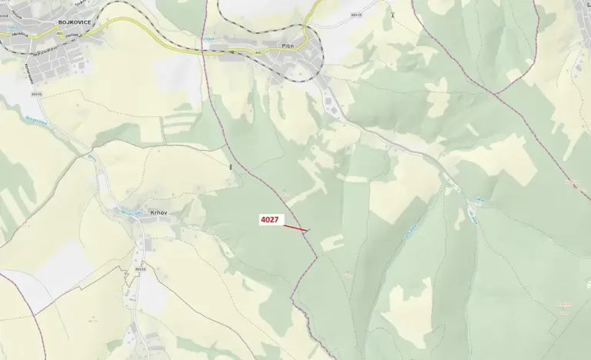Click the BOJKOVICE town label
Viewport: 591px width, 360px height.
click(75, 22)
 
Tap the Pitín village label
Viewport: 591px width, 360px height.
click(289, 46)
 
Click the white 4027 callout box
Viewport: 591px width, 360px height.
click(269, 220)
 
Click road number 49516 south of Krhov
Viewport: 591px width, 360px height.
click(140, 269)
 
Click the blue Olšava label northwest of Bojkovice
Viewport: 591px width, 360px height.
click(13, 28)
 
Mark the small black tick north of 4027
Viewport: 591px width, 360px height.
click(230, 165)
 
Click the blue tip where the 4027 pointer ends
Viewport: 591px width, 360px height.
click(308, 230)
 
